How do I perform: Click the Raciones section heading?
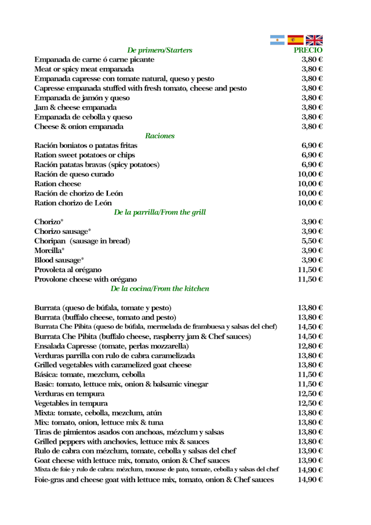click(x=160, y=136)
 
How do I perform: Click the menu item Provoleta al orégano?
click(x=68, y=269)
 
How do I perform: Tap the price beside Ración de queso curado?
click(x=310, y=174)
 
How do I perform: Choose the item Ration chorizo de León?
click(x=73, y=202)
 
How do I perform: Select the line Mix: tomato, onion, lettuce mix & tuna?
click(x=112, y=422)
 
